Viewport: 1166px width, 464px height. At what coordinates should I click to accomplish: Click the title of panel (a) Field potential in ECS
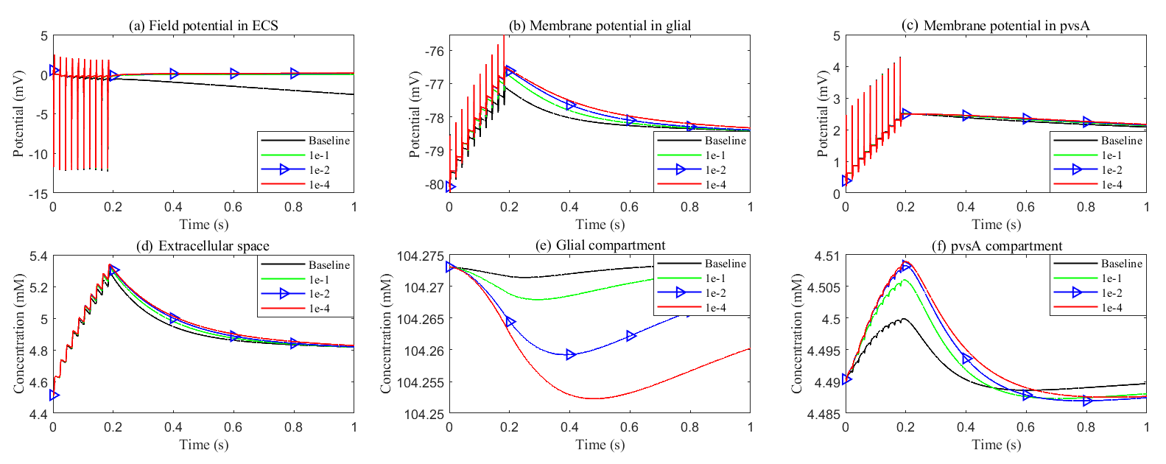coord(203,26)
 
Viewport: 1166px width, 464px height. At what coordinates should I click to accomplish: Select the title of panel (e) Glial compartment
coord(600,245)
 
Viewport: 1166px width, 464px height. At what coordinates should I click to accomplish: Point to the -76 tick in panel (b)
coord(434,51)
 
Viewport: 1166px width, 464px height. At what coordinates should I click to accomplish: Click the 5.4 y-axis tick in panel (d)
coord(39,256)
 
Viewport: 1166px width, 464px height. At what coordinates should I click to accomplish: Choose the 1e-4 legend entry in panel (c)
coord(1111,185)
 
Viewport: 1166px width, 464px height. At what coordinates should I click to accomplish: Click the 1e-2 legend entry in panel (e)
coord(715,293)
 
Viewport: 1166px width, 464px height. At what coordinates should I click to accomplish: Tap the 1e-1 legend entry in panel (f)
coord(1111,278)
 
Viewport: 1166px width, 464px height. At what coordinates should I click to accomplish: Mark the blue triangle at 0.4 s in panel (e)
coord(570,355)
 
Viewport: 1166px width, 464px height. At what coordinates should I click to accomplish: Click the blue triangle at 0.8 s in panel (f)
coord(1086,401)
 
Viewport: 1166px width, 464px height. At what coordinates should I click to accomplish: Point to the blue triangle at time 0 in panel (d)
coord(54,396)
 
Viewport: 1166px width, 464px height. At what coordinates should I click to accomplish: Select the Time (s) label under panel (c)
coord(996,224)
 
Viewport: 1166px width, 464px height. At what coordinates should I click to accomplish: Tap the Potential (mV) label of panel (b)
coord(415,113)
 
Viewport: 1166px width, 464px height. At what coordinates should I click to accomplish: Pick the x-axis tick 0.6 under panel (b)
coord(630,207)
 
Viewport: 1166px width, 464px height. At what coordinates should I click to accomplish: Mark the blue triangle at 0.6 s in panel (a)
coord(234,74)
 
